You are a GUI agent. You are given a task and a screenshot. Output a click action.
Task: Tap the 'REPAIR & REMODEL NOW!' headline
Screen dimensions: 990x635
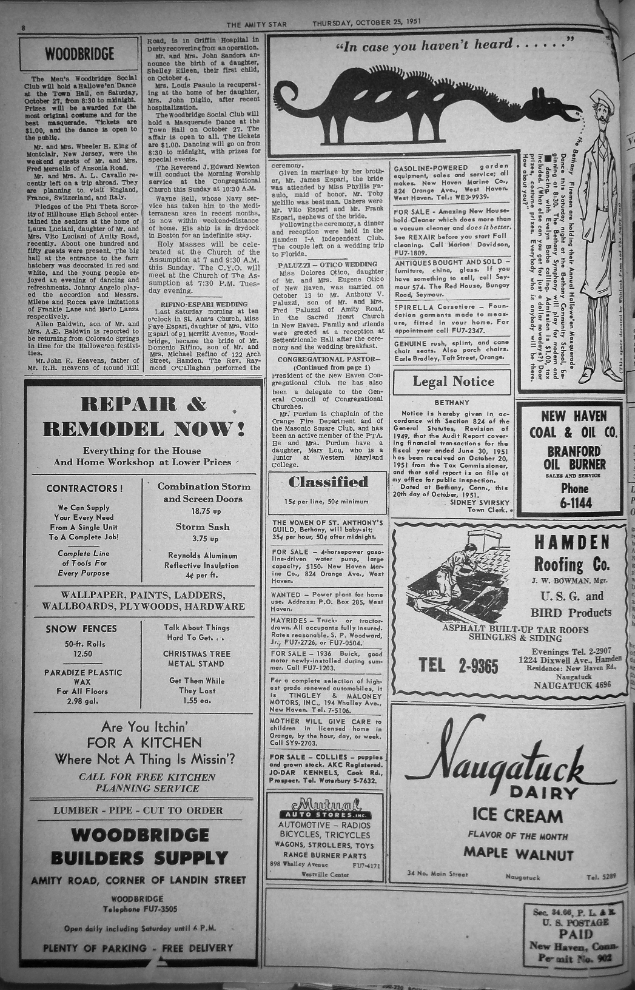click(x=144, y=417)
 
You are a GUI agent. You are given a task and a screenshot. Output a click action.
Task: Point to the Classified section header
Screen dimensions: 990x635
click(x=328, y=483)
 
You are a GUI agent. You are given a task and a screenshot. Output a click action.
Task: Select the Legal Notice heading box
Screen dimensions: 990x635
click(x=453, y=382)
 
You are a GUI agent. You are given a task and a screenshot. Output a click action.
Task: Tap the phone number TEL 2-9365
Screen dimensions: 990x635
click(x=459, y=665)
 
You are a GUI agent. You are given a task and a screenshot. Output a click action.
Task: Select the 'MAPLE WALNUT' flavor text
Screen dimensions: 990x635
click(x=518, y=854)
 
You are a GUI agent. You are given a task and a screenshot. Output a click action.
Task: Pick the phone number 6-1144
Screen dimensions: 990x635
click(x=574, y=503)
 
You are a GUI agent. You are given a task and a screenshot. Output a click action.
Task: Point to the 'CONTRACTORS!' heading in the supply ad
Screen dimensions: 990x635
click(x=84, y=488)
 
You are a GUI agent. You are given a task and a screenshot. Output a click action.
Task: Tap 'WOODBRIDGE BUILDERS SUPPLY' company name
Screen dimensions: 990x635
click(x=139, y=846)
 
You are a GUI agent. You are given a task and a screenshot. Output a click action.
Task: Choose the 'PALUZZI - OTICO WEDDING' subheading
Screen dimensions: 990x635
click(x=327, y=264)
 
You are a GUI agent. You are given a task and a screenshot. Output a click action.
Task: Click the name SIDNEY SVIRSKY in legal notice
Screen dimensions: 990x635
click(x=480, y=502)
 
